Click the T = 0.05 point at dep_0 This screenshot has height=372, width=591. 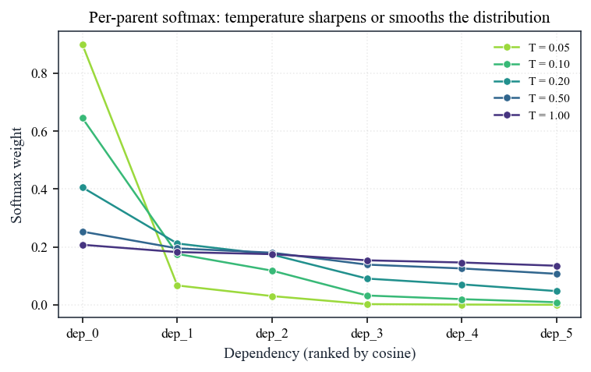(x=83, y=45)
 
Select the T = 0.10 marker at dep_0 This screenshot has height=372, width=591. (x=83, y=119)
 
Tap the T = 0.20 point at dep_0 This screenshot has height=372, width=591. (x=83, y=188)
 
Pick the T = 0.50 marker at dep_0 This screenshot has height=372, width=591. (x=83, y=232)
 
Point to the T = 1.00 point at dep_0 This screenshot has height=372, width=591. (x=83, y=246)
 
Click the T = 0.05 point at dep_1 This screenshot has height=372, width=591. (x=178, y=285)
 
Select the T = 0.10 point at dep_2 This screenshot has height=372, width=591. (x=273, y=271)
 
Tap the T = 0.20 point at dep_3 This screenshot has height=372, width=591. (x=367, y=279)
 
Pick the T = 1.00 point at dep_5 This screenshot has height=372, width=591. (x=557, y=267)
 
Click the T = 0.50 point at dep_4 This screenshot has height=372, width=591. (x=462, y=269)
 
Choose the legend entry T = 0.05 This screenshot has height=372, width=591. (x=532, y=48)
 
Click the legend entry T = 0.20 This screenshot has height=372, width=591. (x=532, y=81)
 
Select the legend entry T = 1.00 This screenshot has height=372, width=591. (x=532, y=115)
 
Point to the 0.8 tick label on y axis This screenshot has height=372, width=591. (x=40, y=73)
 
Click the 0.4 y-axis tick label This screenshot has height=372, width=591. (x=40, y=190)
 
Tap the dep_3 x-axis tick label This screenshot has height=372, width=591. (x=367, y=334)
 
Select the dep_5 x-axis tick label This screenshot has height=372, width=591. (x=557, y=334)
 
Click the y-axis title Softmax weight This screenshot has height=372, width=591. (x=16, y=175)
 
